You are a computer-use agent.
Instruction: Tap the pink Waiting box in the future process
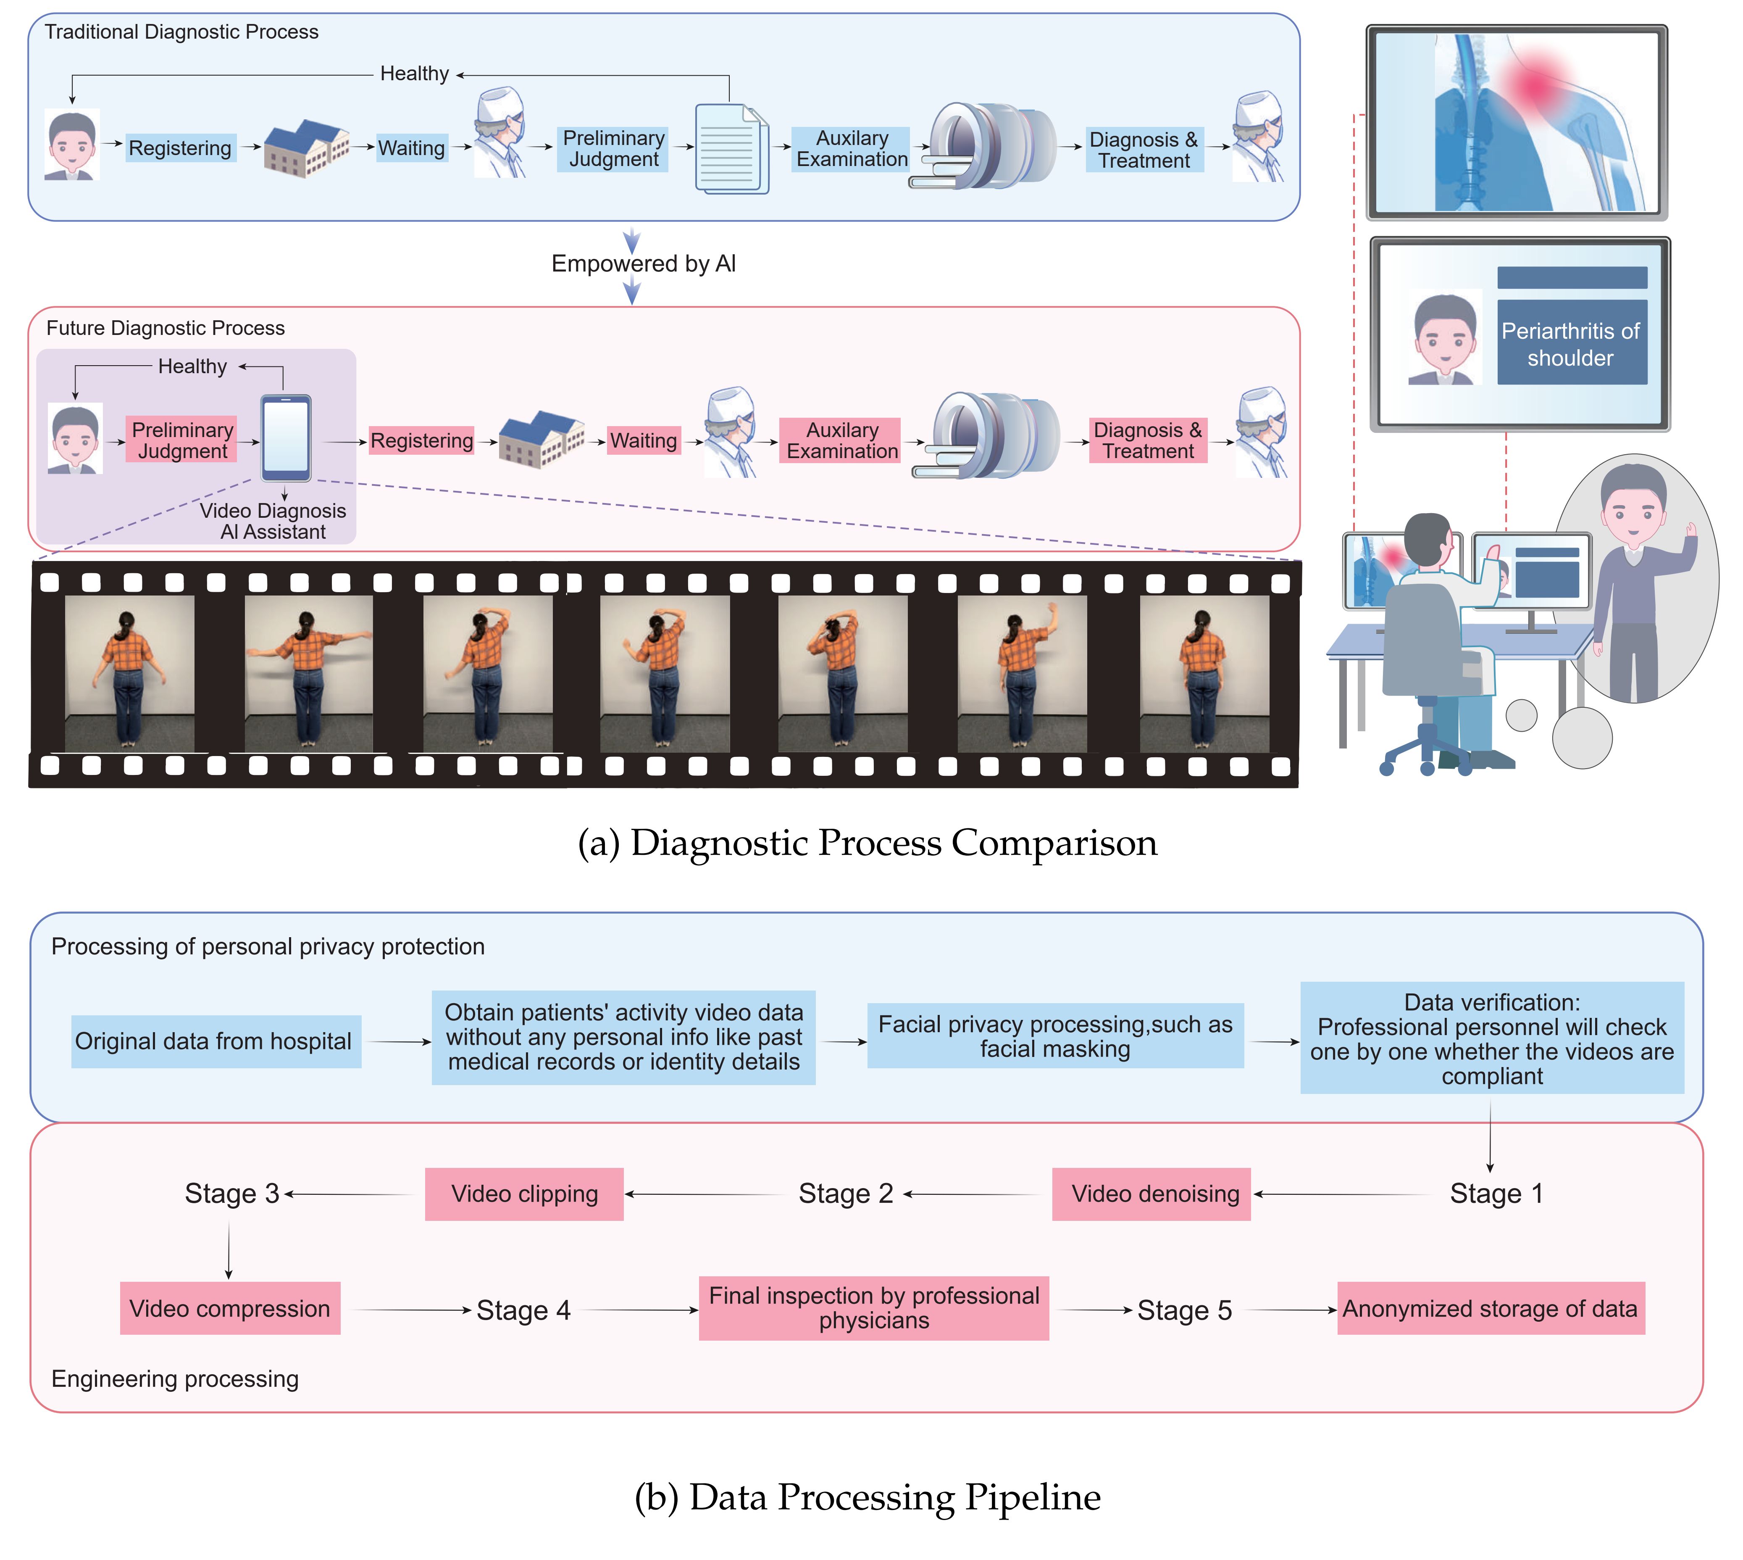[x=644, y=440]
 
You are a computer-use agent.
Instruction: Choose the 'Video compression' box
[x=230, y=1309]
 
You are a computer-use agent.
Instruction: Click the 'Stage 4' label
[x=523, y=1310]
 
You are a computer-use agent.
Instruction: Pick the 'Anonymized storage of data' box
[x=1490, y=1309]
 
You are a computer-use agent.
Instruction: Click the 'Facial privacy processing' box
[x=1055, y=1036]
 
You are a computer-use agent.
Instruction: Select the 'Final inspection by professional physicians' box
[x=873, y=1308]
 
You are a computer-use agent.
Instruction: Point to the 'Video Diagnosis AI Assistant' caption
[x=273, y=521]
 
